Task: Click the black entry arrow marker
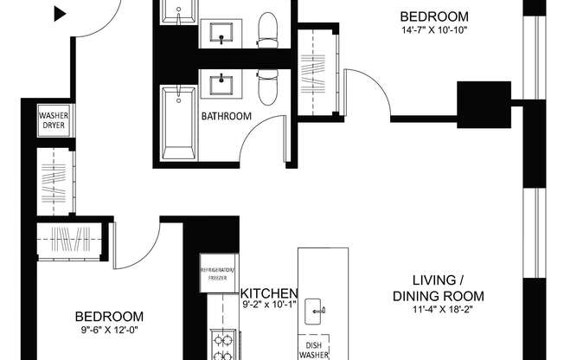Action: coord(60,13)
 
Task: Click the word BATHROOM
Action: coord(227,116)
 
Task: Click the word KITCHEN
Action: coord(269,292)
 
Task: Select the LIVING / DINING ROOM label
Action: coord(437,286)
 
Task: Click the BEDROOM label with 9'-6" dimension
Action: coord(108,317)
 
